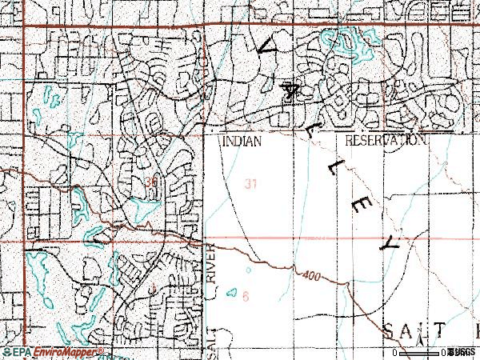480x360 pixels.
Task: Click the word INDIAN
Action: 240,140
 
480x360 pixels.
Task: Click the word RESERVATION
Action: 385,140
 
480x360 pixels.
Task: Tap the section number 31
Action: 251,185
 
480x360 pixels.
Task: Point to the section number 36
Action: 151,183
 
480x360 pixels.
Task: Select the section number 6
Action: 246,296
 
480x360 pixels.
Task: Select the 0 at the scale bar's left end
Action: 396,353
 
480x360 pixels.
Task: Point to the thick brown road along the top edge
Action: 240,26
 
